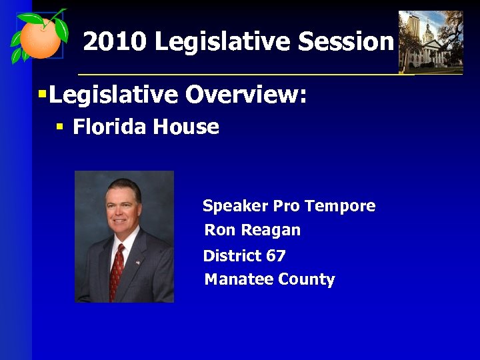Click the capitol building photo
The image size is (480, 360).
[430, 41]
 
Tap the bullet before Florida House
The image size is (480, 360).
[60, 127]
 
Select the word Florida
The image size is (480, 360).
[109, 127]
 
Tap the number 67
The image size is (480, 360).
[275, 255]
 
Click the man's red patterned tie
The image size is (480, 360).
[117, 270]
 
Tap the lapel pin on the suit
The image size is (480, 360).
[138, 262]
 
